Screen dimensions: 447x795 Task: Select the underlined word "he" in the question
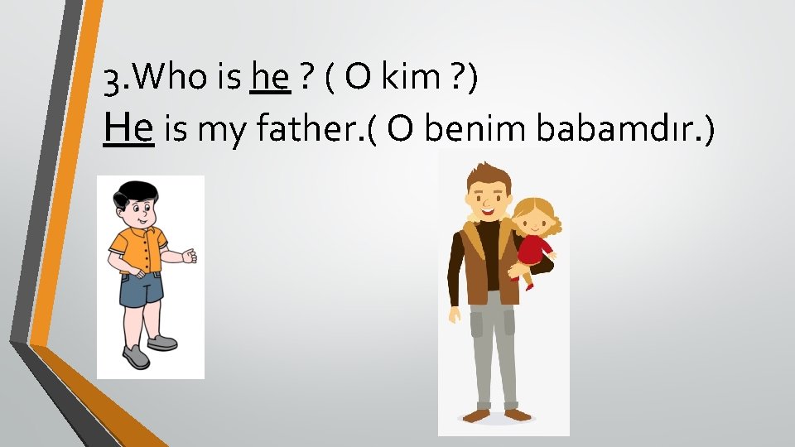[270, 79]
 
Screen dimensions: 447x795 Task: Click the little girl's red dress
[534, 248]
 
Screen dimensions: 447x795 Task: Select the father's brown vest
[480, 265]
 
